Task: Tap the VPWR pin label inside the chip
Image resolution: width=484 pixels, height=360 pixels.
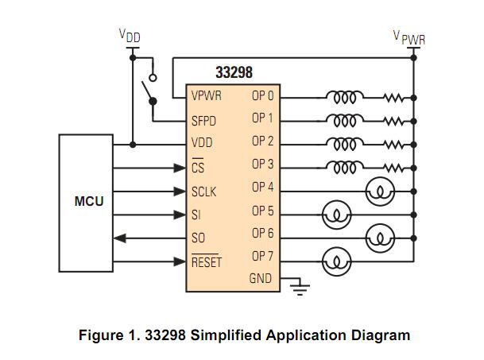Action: point(207,96)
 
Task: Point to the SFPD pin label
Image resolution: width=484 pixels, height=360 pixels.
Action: point(205,121)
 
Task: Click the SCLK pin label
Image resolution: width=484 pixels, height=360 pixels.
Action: point(205,192)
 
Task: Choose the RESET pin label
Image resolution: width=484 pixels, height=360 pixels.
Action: point(207,261)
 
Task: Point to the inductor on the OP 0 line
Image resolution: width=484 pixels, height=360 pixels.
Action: point(343,97)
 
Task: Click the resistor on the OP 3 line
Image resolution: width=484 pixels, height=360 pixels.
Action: point(393,168)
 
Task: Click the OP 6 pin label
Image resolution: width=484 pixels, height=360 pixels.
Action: point(262,234)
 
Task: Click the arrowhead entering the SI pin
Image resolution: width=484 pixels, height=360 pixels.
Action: point(180,215)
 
